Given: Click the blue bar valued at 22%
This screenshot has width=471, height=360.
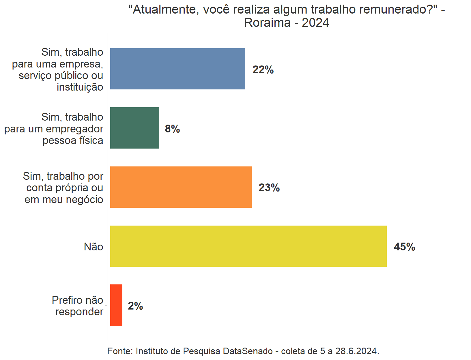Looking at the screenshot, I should click(177, 69).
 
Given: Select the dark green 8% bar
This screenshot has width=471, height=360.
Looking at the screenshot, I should click(134, 128).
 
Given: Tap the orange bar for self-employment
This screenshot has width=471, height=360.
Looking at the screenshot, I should click(181, 187).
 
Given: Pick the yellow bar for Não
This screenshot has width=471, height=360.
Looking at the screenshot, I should click(248, 246).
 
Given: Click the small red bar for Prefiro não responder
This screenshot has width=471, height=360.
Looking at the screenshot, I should click(116, 305).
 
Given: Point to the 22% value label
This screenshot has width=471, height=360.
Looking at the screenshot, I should click(263, 70).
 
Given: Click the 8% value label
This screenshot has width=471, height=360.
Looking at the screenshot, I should click(172, 129).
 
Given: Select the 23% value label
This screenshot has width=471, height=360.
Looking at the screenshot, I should click(269, 188).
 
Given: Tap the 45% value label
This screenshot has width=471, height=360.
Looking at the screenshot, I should click(404, 247).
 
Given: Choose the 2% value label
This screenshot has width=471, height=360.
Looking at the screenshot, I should click(135, 306).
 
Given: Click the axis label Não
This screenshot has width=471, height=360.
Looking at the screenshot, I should click(94, 247).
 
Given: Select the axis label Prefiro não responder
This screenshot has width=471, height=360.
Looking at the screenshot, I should click(78, 306).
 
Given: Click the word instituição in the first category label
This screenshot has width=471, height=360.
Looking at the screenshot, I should click(80, 87).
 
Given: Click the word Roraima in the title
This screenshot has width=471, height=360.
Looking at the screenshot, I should click(267, 23).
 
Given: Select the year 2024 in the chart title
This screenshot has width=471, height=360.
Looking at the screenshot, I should click(315, 23).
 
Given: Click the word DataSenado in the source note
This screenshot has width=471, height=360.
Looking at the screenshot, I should click(248, 351).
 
